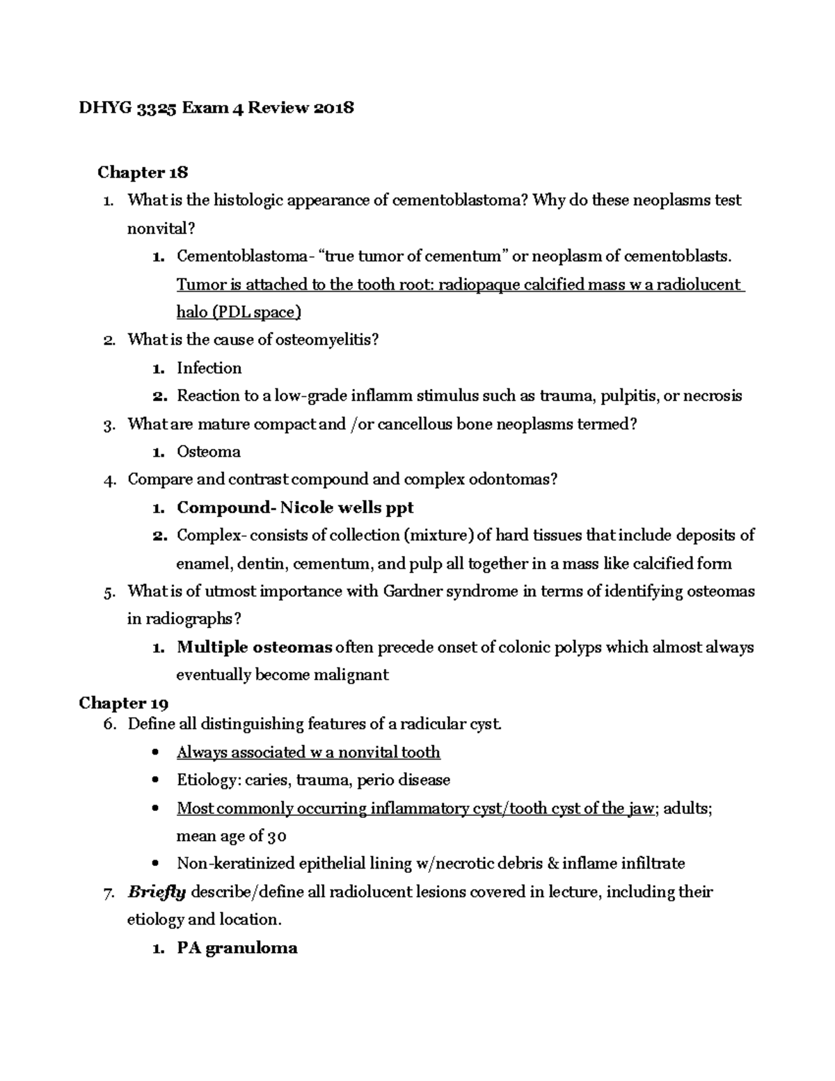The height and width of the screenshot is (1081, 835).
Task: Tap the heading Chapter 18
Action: [x=143, y=172]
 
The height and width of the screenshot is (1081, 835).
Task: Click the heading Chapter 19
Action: [x=123, y=703]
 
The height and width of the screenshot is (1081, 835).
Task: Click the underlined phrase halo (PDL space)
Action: [x=239, y=313]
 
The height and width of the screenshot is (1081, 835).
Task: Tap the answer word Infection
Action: [x=209, y=368]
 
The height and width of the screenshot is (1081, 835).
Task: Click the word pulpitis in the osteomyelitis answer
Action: [x=630, y=396]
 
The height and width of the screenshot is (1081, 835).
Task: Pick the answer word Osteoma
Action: [x=208, y=452]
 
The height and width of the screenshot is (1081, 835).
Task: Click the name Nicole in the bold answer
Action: [x=306, y=507]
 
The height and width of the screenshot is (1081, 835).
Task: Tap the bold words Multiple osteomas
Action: [x=254, y=647]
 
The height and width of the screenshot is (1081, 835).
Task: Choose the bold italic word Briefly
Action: [x=157, y=892]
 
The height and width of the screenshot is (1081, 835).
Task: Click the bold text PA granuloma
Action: [x=237, y=948]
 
